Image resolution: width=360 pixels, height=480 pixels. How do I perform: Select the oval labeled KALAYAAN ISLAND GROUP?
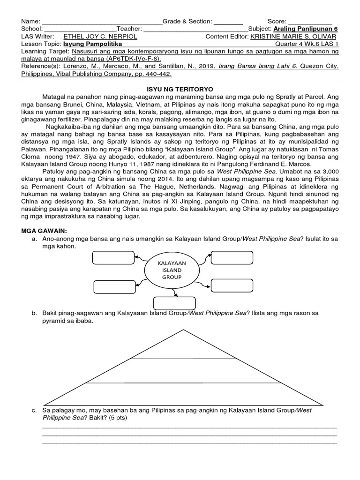[171, 270]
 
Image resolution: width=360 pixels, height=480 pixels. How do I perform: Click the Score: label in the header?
[277, 21]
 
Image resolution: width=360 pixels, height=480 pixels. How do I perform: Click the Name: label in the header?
[31, 21]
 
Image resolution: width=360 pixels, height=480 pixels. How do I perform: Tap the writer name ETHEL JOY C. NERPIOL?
[96, 37]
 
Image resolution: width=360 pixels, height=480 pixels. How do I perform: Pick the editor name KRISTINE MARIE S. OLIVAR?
[293, 37]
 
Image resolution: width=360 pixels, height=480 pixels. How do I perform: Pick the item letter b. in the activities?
[34, 313]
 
